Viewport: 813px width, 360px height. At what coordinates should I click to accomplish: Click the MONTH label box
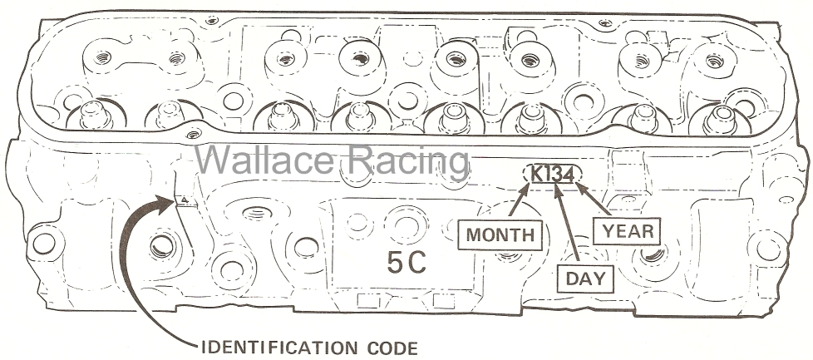tap(500, 235)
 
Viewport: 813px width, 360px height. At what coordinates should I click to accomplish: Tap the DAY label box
tap(585, 279)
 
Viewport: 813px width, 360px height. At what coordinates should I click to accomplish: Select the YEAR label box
tap(627, 231)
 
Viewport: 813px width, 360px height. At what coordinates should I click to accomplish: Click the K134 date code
tap(553, 175)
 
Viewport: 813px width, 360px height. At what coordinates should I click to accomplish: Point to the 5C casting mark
tap(406, 263)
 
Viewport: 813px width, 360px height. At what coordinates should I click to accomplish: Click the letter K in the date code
tap(537, 175)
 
